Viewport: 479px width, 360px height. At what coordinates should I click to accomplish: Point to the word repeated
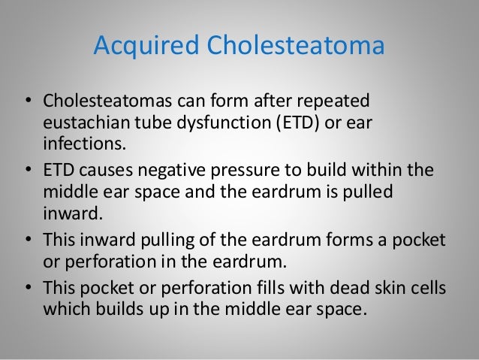click(x=337, y=101)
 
